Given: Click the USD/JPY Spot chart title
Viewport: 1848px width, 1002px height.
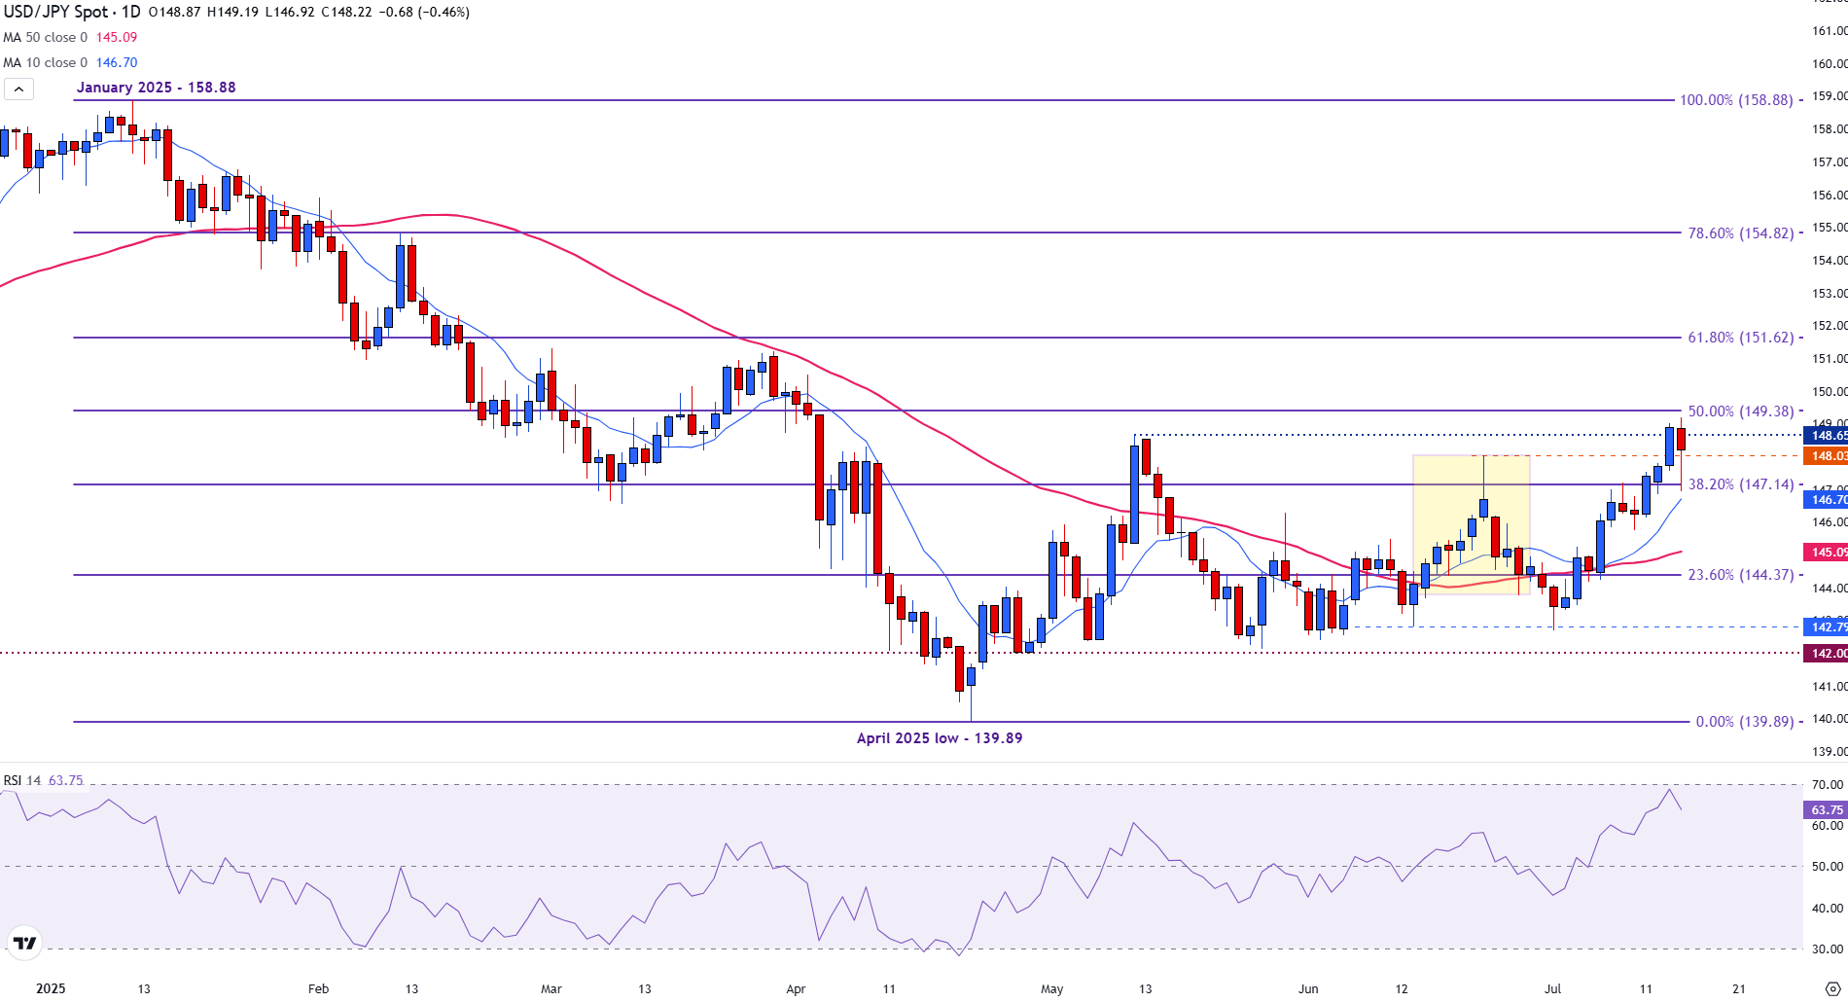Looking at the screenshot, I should (x=71, y=13).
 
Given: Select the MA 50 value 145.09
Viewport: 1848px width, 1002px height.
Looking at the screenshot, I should (x=116, y=38).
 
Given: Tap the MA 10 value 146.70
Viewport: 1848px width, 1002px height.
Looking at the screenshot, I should (x=116, y=63).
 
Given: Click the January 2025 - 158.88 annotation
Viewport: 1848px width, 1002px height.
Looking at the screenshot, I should (x=156, y=88).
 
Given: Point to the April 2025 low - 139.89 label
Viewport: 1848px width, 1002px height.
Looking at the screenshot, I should (x=939, y=738).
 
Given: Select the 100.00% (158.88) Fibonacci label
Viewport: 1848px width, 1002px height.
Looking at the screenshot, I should (x=1735, y=100).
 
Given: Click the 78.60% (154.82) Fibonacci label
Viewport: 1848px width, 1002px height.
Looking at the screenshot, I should (x=1740, y=233).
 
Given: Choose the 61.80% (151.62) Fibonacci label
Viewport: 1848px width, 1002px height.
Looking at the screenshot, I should (x=1740, y=338).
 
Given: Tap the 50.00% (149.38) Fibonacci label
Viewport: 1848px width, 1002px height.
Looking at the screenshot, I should (x=1740, y=412).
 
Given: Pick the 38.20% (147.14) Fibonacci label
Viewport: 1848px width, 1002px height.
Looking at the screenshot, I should (x=1740, y=484).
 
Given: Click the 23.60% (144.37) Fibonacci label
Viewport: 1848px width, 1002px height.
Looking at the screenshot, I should (x=1740, y=575).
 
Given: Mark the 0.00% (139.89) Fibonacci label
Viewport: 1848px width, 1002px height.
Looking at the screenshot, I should (x=1743, y=722).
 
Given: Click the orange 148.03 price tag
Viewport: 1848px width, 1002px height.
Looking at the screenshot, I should (x=1826, y=456).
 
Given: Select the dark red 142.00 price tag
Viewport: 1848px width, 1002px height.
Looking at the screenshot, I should (x=1826, y=654).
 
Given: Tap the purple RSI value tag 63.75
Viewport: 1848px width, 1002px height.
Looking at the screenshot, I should (x=1826, y=809).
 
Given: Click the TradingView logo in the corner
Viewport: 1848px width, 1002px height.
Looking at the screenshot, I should (x=24, y=943).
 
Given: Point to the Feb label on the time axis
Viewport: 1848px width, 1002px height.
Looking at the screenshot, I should (x=318, y=989).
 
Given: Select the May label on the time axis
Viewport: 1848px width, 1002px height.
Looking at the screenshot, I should (x=1051, y=989).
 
